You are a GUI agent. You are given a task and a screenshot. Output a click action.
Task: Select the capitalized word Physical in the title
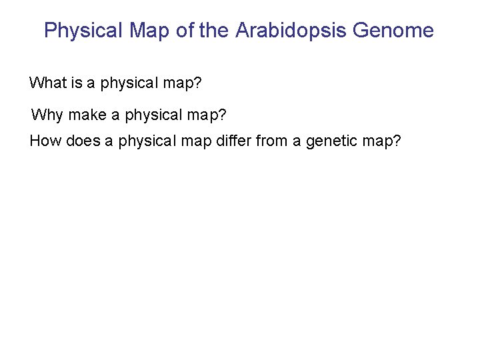click(83, 31)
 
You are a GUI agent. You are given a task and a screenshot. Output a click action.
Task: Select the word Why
click(47, 115)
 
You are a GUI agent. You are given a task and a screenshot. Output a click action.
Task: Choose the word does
click(83, 141)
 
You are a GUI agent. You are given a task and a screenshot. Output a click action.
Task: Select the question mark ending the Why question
click(222, 115)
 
